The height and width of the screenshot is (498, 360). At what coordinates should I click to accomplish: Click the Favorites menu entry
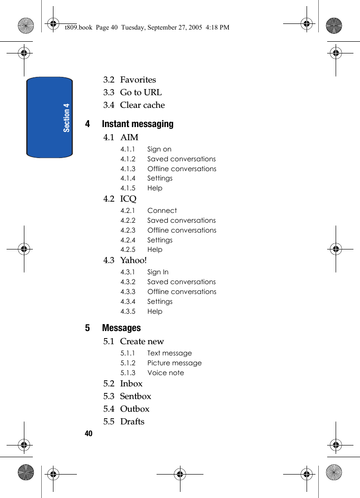(138, 80)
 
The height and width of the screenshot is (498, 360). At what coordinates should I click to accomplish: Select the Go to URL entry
(141, 92)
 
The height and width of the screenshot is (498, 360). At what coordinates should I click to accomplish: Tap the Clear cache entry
(142, 105)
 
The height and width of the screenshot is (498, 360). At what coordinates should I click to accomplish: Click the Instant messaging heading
(137, 124)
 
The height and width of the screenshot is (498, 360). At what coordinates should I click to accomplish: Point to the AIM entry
(129, 137)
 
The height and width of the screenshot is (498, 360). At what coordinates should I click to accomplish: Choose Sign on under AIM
(159, 149)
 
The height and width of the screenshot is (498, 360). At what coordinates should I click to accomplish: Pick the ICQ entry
(128, 199)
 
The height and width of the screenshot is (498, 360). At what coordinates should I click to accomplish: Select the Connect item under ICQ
(162, 211)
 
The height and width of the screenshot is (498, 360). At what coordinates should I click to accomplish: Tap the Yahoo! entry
(133, 260)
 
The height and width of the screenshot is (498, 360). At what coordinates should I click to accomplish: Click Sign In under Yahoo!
(158, 272)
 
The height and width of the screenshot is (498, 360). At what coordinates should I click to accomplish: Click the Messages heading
(121, 328)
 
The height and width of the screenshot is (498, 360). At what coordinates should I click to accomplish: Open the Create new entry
(142, 341)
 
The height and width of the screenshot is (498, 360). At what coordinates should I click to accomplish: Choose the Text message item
(169, 353)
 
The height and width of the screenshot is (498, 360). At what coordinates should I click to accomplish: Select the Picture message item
(174, 363)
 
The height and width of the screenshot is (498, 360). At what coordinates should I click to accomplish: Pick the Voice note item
(165, 373)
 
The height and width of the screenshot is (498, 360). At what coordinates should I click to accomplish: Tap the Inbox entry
(131, 384)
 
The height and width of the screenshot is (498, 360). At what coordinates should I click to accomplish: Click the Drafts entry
(132, 422)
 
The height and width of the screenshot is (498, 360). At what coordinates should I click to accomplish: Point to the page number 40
(89, 433)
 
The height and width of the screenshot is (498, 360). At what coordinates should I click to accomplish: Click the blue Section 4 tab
(50, 117)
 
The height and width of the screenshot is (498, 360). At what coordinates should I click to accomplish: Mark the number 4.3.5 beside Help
(128, 311)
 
